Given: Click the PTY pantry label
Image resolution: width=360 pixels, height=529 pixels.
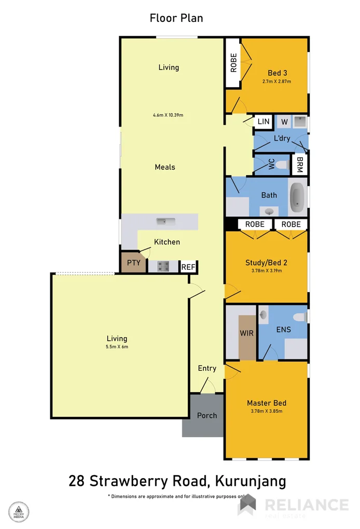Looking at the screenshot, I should coord(134,263).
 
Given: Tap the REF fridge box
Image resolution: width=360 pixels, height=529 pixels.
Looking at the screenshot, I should coord(188,267).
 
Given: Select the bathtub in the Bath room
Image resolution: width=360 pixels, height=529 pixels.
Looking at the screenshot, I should coord(297,198).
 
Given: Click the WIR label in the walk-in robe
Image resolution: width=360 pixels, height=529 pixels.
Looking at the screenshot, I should coord(247,333).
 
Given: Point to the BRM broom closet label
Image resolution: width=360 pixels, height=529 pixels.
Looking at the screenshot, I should coord(299,165).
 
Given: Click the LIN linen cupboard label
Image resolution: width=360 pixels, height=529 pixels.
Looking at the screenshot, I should coord(264,122).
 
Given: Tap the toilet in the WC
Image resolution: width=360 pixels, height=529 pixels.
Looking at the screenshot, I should coord(281,165).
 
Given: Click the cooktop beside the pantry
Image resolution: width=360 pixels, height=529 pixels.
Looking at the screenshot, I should coord(163,267).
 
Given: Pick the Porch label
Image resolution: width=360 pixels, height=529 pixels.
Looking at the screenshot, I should coord(207,415).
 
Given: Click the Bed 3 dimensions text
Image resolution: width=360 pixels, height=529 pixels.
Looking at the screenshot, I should coord(277,81).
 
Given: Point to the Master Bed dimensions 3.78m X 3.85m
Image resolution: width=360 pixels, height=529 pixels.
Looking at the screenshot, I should coord(267,411).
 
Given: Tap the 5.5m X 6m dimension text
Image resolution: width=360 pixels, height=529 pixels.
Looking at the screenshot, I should coord(117,347).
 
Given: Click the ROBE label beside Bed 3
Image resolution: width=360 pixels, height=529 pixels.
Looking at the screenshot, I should coord(234,63).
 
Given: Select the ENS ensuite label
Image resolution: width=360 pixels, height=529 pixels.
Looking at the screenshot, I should coord(283,329).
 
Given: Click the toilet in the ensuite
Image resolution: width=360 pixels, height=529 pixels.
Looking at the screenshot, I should coord(300,317).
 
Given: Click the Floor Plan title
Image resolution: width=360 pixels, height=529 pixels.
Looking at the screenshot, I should coord(176,18).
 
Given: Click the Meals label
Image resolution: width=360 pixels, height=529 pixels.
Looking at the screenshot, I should coord(165,167).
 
